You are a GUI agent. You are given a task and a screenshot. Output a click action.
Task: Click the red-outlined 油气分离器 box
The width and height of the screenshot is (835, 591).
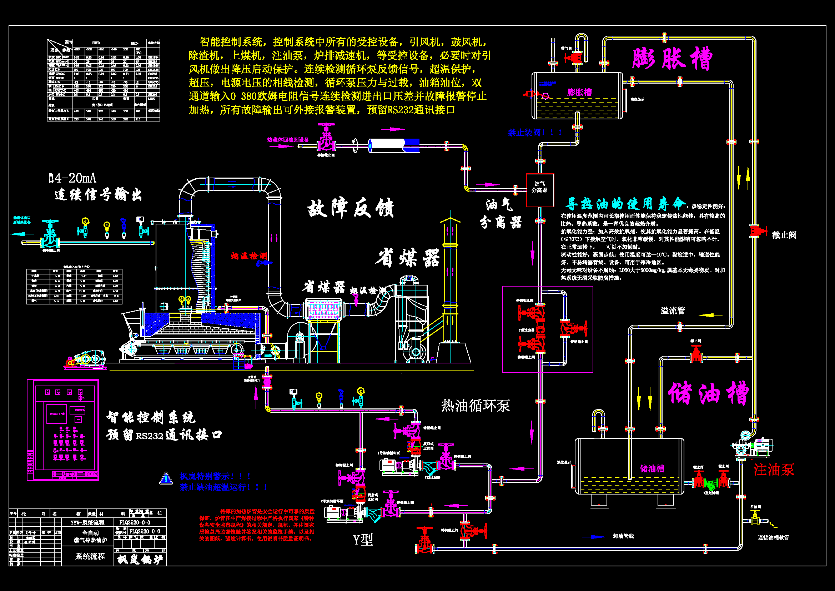point(540,190)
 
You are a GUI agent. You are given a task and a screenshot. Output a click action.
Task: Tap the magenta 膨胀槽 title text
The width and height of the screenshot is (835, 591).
point(672,58)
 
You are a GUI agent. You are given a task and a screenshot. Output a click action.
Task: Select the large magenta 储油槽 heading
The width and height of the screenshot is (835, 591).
point(708,393)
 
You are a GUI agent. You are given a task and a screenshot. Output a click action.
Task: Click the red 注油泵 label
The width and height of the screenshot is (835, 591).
point(774,470)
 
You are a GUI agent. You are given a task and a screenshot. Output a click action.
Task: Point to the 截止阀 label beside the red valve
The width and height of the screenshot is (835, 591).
point(784,235)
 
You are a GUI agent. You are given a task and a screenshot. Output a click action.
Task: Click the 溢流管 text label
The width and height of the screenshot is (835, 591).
point(673,311)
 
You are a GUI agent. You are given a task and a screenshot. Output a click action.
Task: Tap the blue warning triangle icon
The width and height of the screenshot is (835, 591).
point(166,478)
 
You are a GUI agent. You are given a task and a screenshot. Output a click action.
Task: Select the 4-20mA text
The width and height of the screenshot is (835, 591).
point(73,178)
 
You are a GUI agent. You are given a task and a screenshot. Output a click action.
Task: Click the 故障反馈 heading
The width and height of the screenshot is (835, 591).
point(351,208)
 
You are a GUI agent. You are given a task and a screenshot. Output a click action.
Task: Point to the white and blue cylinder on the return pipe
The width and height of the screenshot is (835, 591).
point(394,145)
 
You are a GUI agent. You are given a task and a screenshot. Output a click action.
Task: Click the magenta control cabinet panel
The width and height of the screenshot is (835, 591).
point(63,430)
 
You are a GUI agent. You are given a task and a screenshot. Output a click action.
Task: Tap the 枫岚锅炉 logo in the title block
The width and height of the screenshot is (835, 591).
point(140,559)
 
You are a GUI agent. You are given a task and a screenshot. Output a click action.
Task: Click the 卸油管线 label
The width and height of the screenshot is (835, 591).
point(623,536)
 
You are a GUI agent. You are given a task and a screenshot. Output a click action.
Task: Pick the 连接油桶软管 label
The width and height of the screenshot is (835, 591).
point(773,537)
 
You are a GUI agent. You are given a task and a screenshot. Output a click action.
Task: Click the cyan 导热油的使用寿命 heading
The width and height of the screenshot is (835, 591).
point(625,204)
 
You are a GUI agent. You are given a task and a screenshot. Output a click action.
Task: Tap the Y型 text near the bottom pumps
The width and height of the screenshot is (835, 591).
point(363,539)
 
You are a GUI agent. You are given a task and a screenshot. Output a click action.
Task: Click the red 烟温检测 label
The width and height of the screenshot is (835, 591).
point(249,256)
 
